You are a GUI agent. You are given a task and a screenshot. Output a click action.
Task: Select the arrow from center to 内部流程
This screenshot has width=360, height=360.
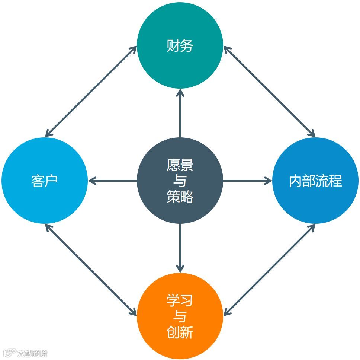[247, 181]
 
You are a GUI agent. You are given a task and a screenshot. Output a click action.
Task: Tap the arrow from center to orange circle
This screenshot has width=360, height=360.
[180, 248]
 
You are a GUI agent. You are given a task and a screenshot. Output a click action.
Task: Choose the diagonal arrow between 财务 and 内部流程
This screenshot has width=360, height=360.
[269, 91]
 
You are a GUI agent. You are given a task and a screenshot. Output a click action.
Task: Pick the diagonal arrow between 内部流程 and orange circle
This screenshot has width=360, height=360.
[269, 270]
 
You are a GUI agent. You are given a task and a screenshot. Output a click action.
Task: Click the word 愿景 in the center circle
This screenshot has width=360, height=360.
[180, 165]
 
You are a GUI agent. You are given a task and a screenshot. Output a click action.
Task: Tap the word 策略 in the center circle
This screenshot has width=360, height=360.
[180, 197]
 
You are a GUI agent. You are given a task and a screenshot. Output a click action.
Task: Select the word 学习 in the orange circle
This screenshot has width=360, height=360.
[180, 300]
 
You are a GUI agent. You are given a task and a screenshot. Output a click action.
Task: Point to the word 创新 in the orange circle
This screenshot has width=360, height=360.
[180, 332]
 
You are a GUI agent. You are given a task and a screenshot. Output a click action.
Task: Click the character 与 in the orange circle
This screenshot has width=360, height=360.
[180, 316]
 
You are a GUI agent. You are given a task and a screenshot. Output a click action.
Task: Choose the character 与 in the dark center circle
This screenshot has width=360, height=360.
[180, 181]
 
